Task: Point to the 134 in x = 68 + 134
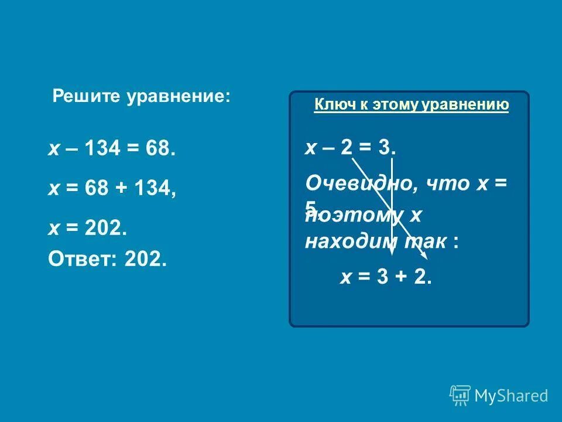[154, 189]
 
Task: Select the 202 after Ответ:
[145, 258]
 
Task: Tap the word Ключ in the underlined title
[328, 105]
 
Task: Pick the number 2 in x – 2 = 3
[347, 147]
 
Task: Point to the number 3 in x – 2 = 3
[385, 147]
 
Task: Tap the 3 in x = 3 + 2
[382, 277]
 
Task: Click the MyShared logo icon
[460, 396]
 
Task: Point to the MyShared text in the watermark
[511, 396]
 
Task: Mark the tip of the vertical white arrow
[391, 254]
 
